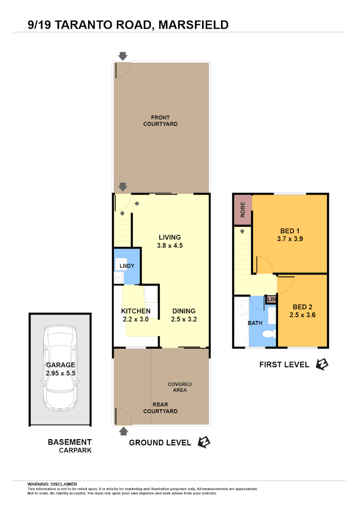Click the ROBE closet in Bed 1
tap(243, 209)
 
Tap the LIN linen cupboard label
tap(271, 299)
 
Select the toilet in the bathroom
tap(269, 334)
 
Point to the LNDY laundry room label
tap(127, 266)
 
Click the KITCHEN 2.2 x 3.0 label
tap(136, 315)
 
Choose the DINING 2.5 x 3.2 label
tap(183, 315)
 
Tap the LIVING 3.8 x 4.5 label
tap(170, 241)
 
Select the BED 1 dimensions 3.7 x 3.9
tap(290, 239)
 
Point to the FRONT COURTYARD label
tap(160, 121)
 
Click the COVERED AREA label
tap(180, 387)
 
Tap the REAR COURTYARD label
tap(160, 408)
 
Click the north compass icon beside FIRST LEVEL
tap(322, 364)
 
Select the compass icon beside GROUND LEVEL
tap(204, 442)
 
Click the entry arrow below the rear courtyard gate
tap(123, 430)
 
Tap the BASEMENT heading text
tap(70, 442)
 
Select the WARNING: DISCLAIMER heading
tap(52, 484)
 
